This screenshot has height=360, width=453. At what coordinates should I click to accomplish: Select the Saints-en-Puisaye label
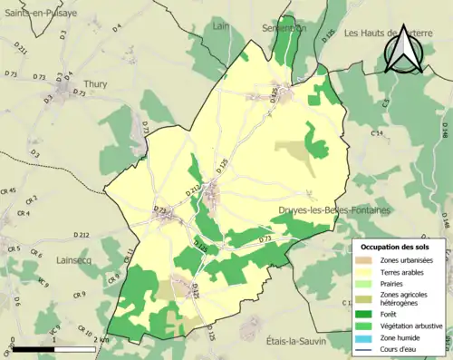point(45,15)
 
